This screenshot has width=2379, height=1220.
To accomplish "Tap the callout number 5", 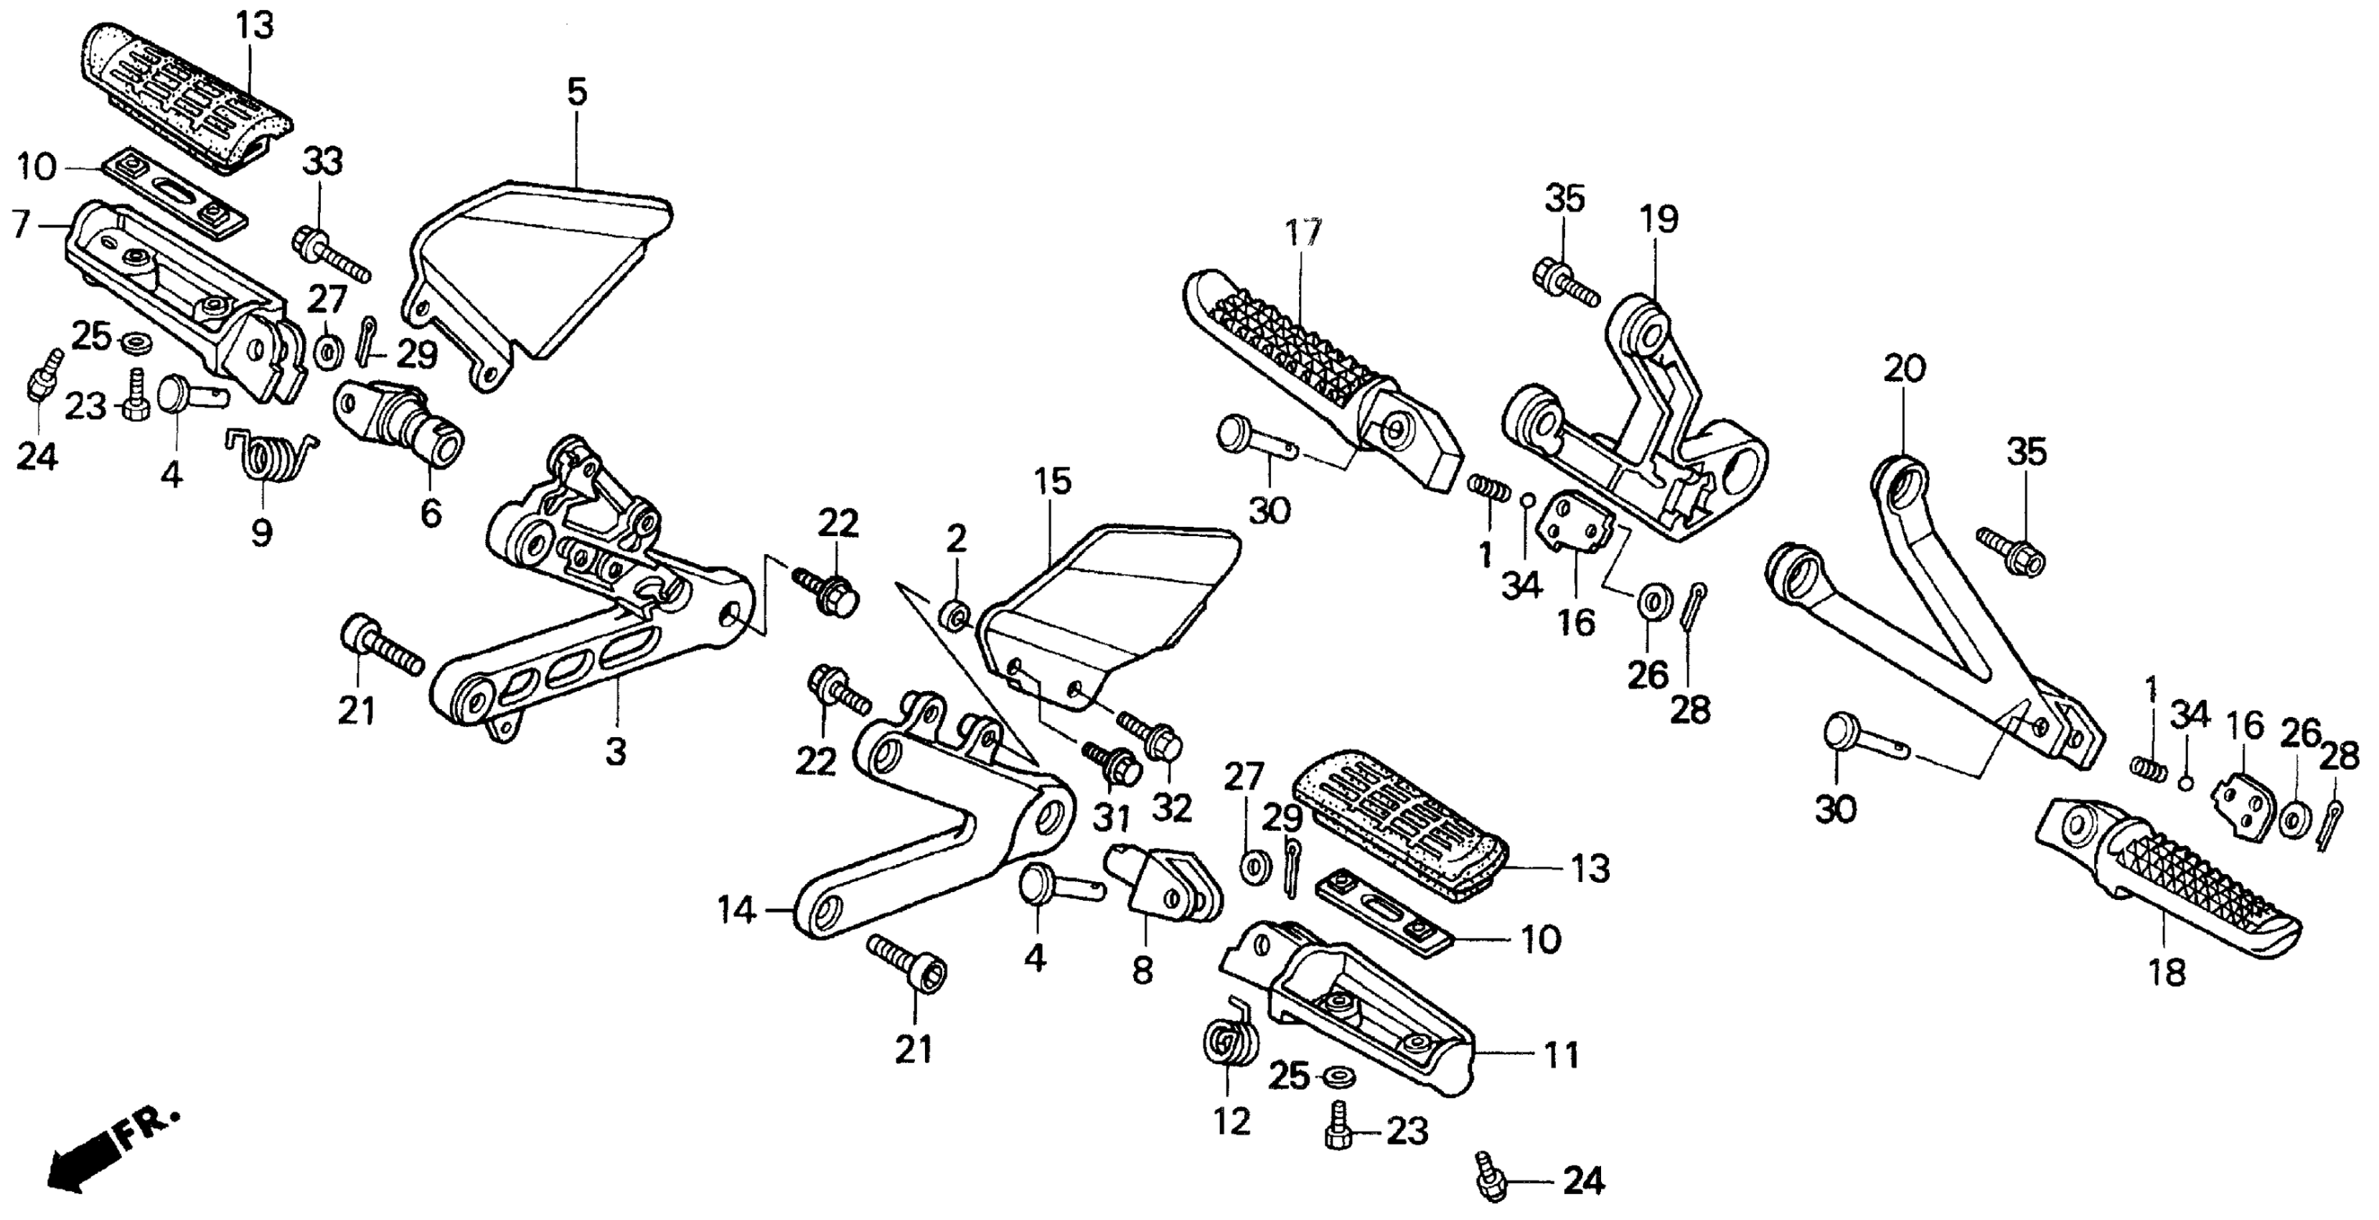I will click(576, 93).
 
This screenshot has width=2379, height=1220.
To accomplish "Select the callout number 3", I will click(616, 750).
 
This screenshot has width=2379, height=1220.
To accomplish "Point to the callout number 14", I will click(737, 911).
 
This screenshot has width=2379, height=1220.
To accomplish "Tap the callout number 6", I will click(431, 515).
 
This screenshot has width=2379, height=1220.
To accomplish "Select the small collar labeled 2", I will click(955, 614).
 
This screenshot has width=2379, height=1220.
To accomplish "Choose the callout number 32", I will click(1173, 808).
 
